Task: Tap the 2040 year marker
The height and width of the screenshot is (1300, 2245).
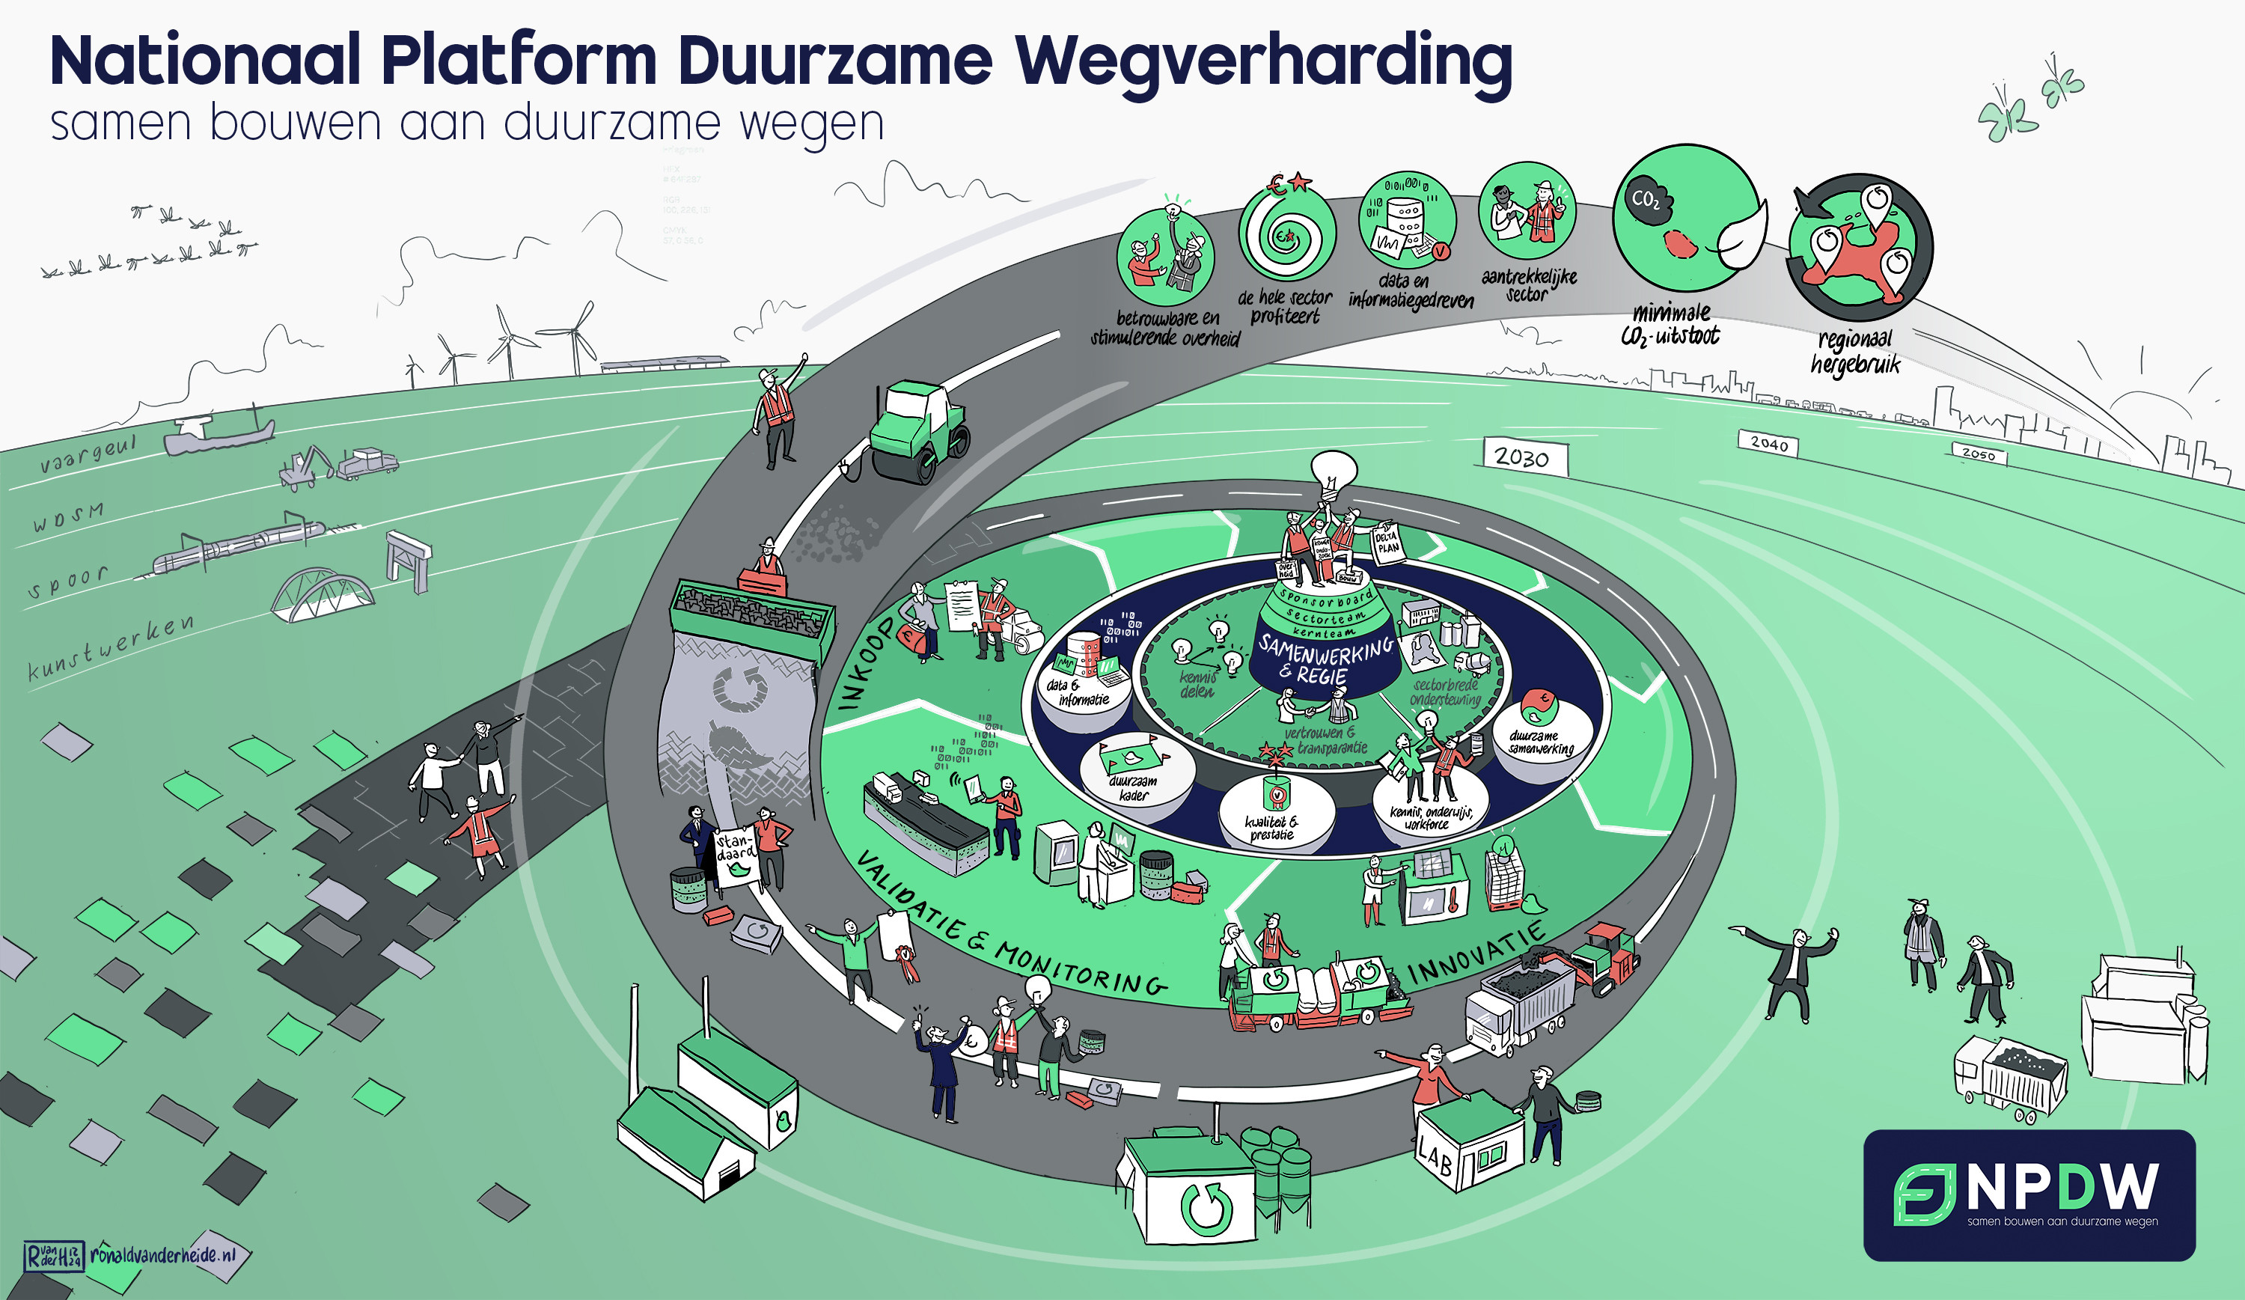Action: pos(1768,443)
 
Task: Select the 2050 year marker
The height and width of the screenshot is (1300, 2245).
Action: pos(1979,454)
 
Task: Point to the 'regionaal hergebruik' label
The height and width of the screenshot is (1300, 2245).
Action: pos(1855,352)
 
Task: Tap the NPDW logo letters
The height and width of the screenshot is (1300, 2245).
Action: pos(2062,1187)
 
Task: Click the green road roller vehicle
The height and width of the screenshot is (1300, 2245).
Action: pos(917,430)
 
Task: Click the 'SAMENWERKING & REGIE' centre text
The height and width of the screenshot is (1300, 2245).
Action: pos(1325,660)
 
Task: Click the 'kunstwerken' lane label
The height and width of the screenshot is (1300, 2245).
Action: pos(111,648)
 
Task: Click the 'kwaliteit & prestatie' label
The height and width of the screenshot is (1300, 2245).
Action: pos(1271,828)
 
